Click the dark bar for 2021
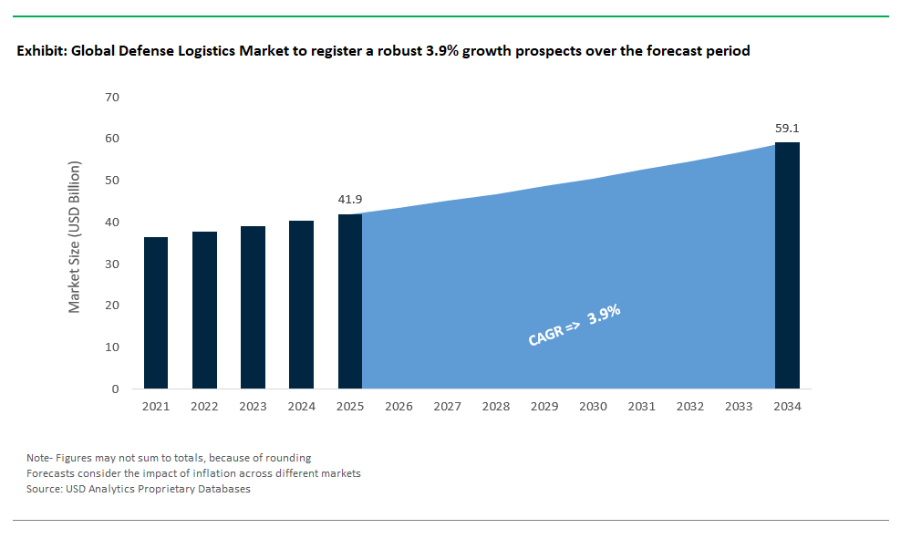point(156,313)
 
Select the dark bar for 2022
point(204,310)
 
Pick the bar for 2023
point(253,307)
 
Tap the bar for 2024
point(301,305)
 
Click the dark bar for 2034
point(787,265)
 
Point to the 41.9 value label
point(349,198)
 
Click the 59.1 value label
point(787,129)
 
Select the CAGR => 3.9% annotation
point(575,326)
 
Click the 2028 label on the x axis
point(495,407)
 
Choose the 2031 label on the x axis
point(641,407)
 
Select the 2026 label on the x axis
point(399,407)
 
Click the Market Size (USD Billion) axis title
point(75,237)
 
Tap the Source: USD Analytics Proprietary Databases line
point(138,489)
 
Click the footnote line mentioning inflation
point(193,473)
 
